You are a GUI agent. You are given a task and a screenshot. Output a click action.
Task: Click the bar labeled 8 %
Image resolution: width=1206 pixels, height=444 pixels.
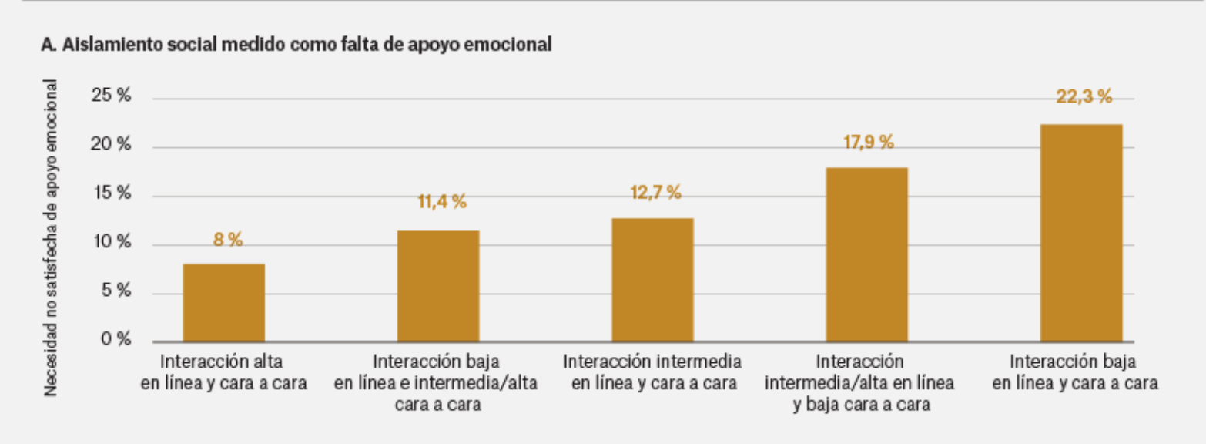click(x=224, y=302)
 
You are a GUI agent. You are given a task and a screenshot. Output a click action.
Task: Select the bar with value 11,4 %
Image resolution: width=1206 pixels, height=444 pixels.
click(x=438, y=286)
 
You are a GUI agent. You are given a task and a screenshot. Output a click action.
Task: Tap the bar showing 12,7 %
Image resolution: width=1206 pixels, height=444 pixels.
click(x=652, y=280)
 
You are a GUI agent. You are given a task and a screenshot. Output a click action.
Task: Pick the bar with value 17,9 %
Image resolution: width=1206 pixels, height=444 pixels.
click(x=866, y=254)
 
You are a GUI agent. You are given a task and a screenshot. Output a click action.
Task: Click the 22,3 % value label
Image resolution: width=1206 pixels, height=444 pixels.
click(x=1084, y=97)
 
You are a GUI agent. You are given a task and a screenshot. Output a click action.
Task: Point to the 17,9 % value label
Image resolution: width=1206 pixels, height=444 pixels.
click(x=868, y=142)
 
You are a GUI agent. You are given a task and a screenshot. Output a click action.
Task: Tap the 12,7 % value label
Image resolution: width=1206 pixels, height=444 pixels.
click(x=655, y=193)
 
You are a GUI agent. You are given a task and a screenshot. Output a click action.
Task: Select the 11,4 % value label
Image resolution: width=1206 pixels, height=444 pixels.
click(x=442, y=203)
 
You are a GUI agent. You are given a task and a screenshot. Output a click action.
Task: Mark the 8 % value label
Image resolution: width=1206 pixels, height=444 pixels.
click(x=228, y=239)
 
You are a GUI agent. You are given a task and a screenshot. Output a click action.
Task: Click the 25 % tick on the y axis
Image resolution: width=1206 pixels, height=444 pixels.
click(x=112, y=97)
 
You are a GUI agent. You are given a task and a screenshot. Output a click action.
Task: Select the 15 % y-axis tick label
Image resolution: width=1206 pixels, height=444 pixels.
click(x=112, y=194)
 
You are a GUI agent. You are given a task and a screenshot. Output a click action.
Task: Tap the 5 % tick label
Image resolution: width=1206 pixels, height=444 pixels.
click(x=116, y=292)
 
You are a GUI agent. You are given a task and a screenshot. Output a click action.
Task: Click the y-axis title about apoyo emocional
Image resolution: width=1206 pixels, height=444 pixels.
click(x=51, y=237)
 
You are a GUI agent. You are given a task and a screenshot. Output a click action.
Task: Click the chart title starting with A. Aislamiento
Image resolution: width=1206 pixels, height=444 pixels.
click(x=296, y=45)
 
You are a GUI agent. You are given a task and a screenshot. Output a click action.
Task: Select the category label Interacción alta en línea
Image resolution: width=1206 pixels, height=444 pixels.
click(x=224, y=371)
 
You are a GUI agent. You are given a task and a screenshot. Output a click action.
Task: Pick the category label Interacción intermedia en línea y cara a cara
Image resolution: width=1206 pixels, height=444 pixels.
click(x=652, y=371)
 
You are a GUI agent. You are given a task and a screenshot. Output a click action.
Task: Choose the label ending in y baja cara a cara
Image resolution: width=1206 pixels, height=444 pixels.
click(x=860, y=382)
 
